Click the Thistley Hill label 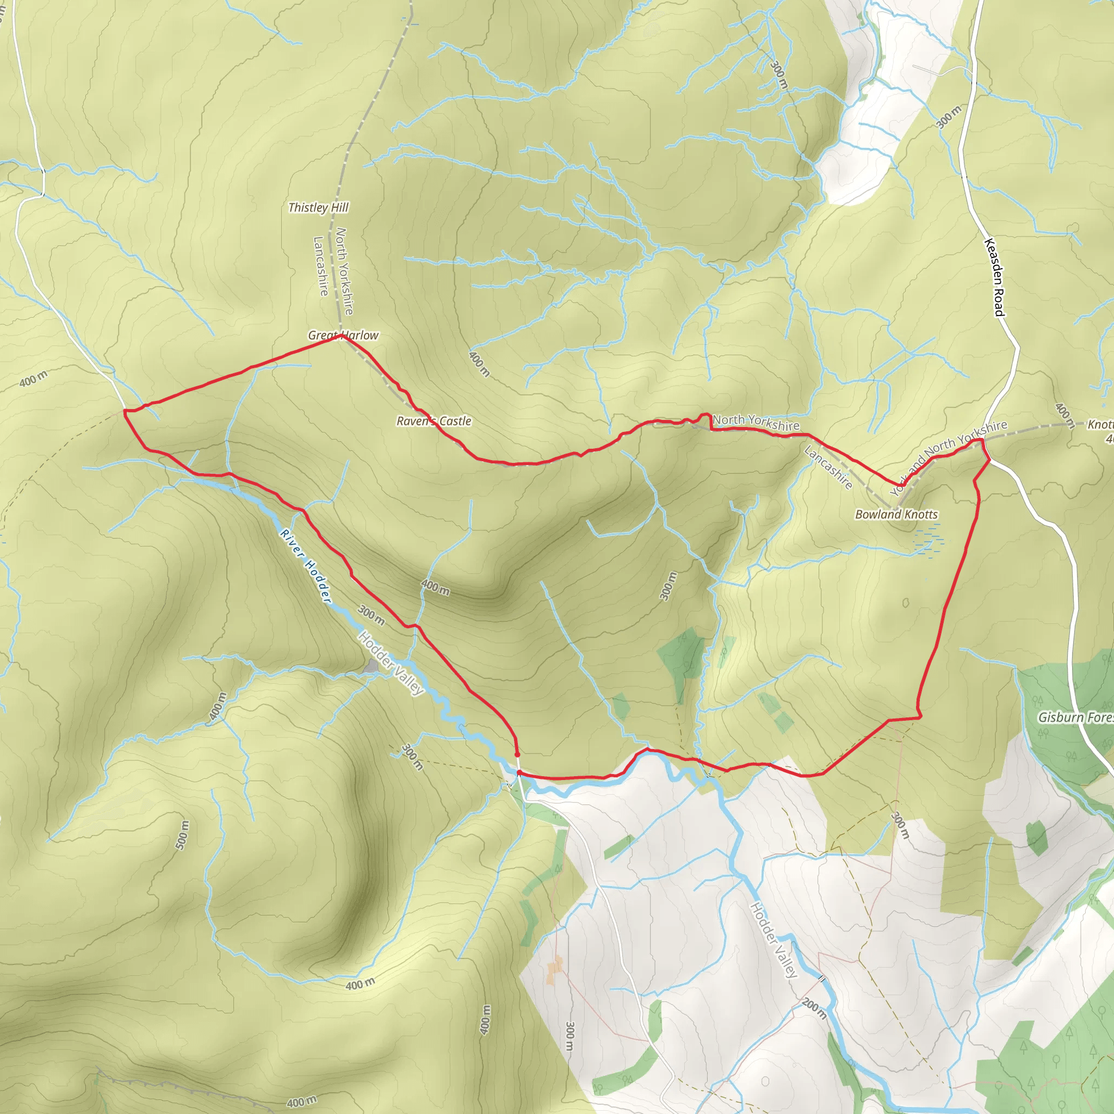click(318, 208)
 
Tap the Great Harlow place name click(343, 335)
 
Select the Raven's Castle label click(434, 421)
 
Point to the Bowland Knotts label click(896, 515)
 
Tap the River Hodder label click(306, 566)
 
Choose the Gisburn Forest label click(1075, 717)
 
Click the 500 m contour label click(182, 834)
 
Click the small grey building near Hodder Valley click(372, 666)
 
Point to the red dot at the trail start click(517, 754)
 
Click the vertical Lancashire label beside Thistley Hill click(320, 266)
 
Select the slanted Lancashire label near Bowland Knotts click(828, 468)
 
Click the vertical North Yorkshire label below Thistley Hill click(344, 271)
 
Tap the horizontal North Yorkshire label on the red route click(756, 423)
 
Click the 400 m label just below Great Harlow click(479, 364)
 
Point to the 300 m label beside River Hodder click(371, 615)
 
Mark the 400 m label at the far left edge click(33, 379)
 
